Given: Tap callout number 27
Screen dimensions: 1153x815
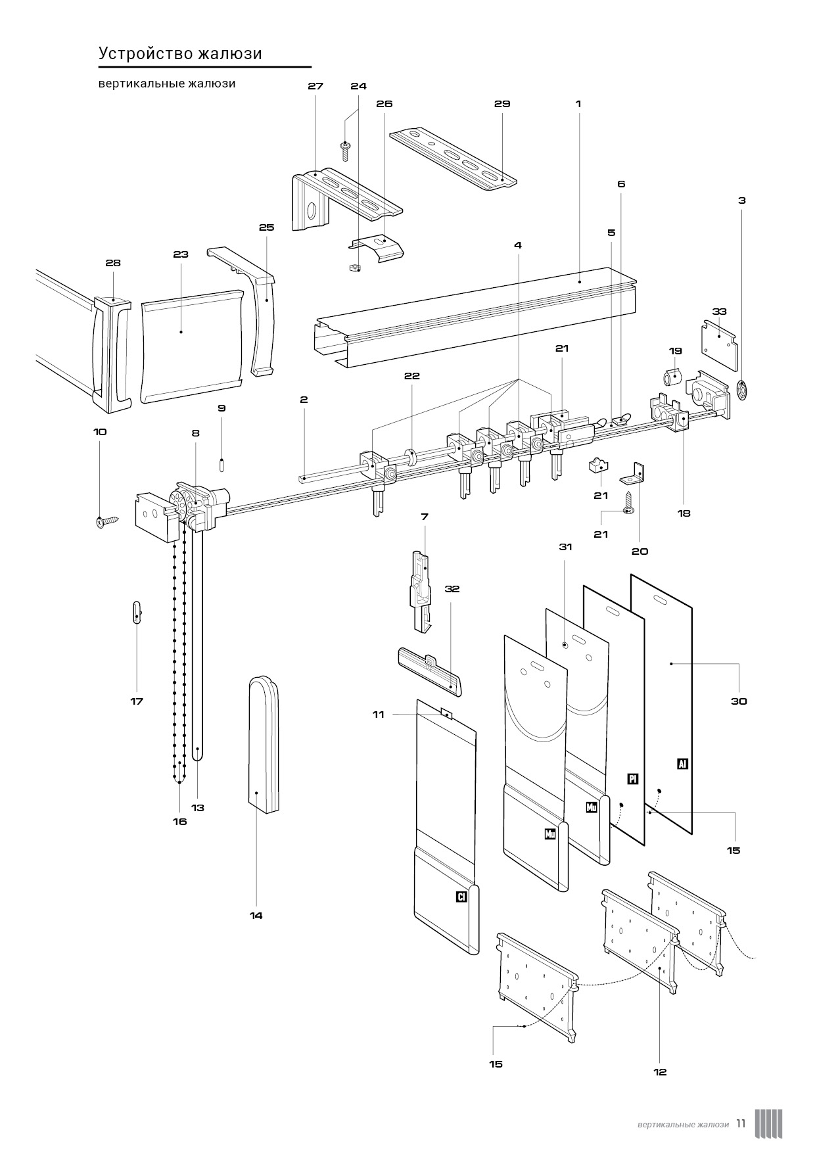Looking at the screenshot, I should click(x=315, y=86).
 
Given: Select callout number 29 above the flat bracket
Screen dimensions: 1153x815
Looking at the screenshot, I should click(x=502, y=104).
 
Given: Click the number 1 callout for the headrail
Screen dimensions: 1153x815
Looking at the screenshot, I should click(x=578, y=104).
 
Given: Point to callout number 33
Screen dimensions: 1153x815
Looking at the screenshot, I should click(x=719, y=311).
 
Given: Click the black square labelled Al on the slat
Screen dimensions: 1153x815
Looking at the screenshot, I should click(x=683, y=764).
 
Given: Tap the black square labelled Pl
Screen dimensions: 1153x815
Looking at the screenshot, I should click(x=633, y=779).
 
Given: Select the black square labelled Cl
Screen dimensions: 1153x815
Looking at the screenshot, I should click(x=461, y=896).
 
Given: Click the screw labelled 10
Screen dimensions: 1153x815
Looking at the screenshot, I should click(x=107, y=522).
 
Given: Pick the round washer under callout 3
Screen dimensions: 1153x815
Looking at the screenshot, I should click(x=742, y=390).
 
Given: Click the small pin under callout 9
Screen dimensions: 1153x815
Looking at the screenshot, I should click(x=222, y=463).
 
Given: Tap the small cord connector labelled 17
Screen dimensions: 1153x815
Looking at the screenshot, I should click(x=136, y=613).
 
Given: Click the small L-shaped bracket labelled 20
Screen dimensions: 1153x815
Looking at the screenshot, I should click(x=636, y=471).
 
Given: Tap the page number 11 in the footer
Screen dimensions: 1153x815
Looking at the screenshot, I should click(x=741, y=1123).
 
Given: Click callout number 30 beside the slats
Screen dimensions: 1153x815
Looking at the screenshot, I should click(x=739, y=701).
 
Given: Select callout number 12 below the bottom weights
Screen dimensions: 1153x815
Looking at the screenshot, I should click(x=660, y=1072).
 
